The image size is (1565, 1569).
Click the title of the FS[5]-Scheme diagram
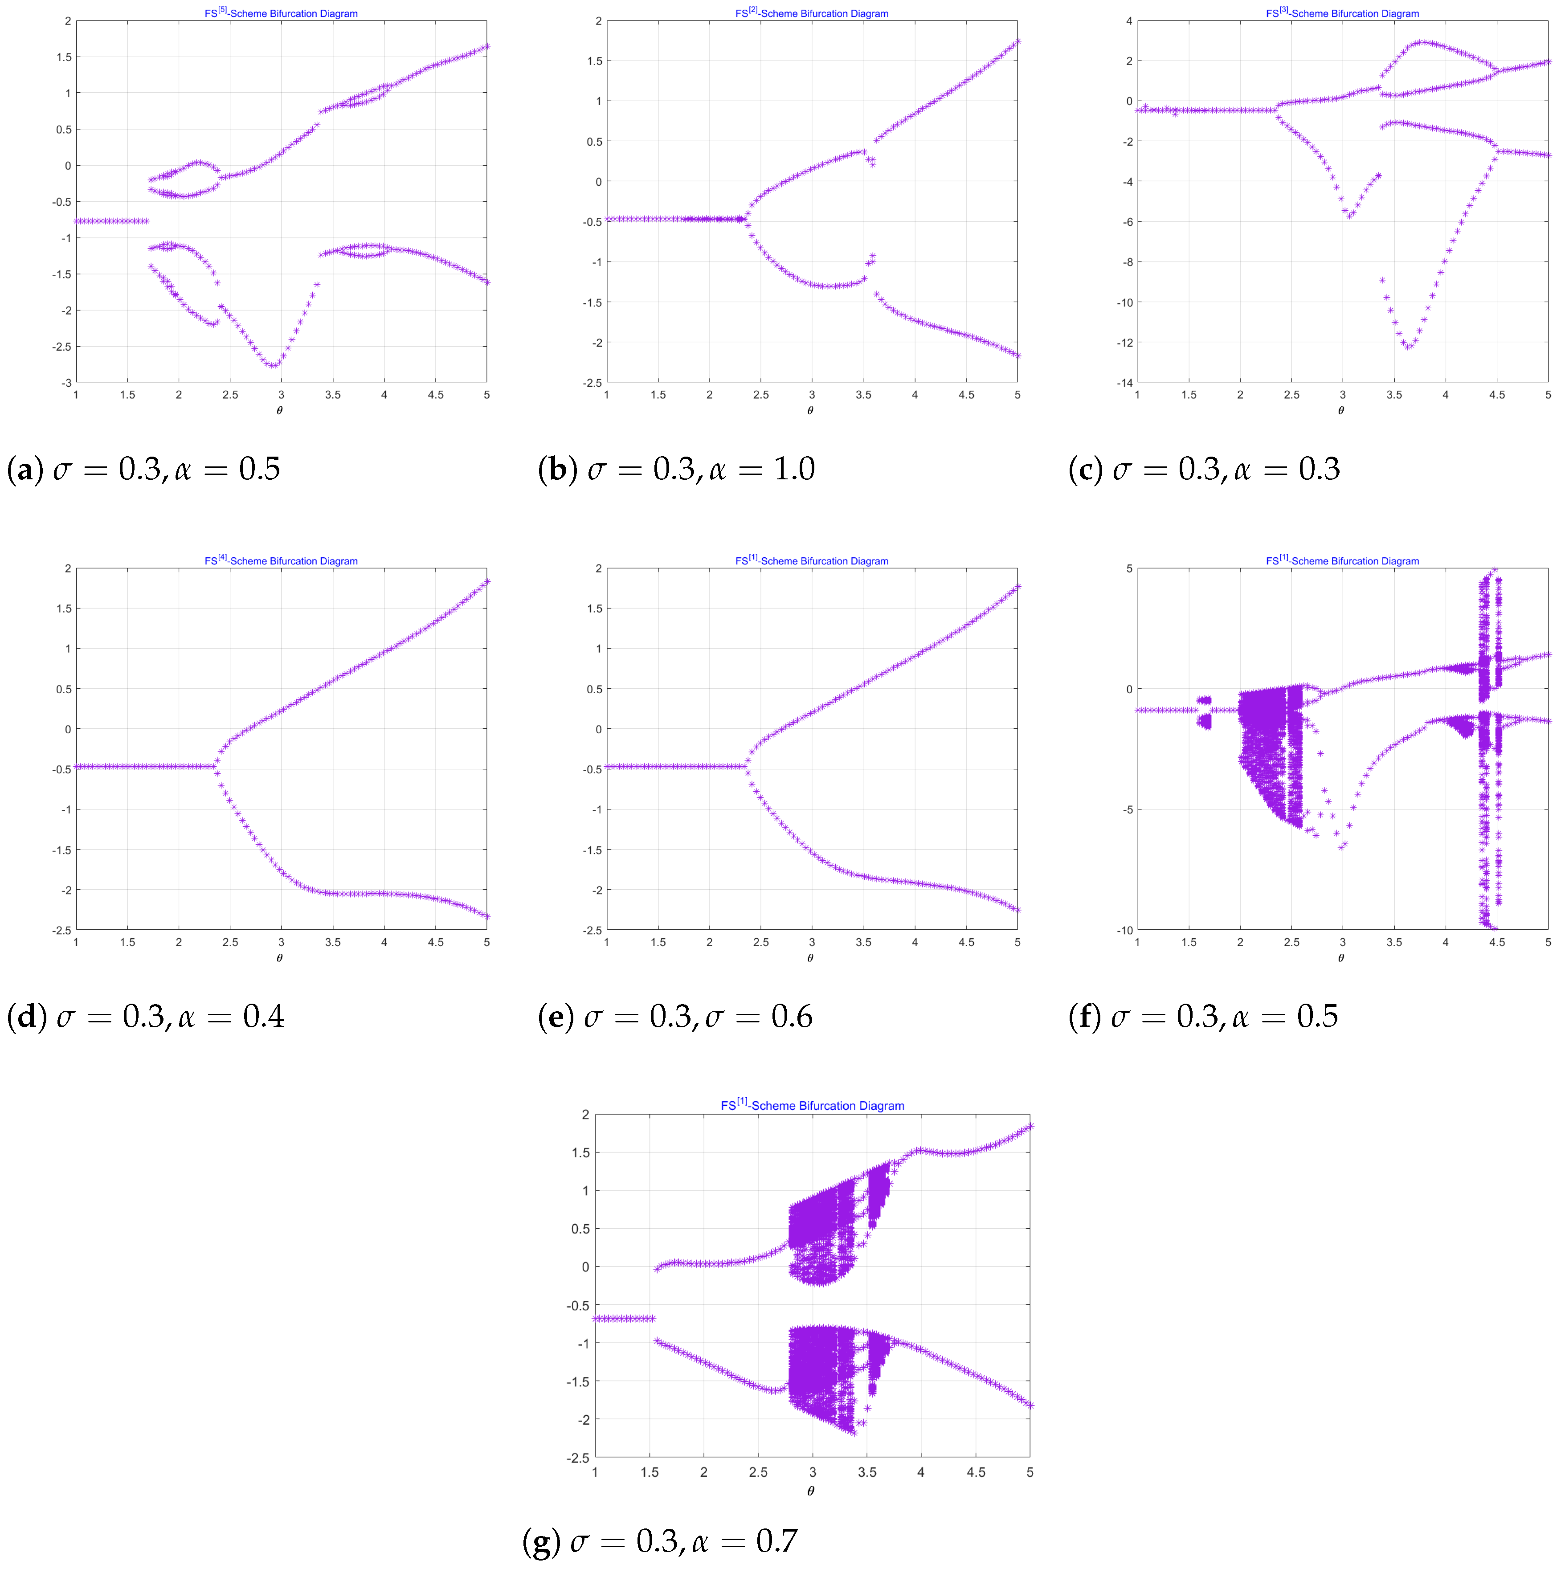tap(281, 13)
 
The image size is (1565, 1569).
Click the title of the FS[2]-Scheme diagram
tap(811, 13)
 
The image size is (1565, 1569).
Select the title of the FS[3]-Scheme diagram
tap(1342, 13)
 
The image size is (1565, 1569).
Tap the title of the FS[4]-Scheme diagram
tap(281, 560)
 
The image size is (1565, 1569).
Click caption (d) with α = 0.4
tap(145, 1016)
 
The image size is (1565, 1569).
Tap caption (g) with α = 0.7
tap(659, 1540)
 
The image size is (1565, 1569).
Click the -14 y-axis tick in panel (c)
tap(1123, 383)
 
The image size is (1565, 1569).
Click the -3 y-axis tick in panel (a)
tap(66, 383)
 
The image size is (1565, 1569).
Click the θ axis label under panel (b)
tap(810, 410)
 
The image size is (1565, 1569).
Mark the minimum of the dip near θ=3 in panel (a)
tap(273, 365)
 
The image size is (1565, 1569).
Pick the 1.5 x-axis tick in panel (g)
tap(649, 1472)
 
